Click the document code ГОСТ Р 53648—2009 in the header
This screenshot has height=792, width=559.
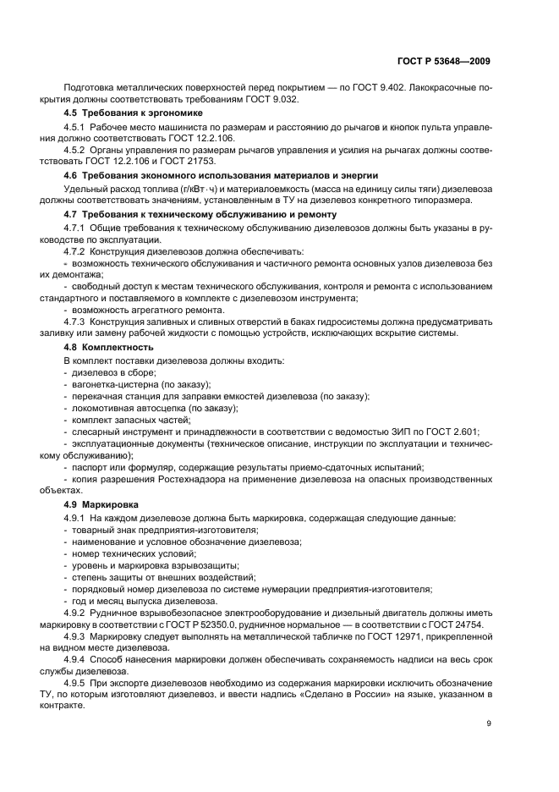click(447, 62)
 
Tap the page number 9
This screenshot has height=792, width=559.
click(489, 724)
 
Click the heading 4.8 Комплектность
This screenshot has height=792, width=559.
click(109, 347)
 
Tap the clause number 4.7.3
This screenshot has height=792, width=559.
click(77, 321)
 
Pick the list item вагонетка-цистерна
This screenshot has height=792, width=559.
click(113, 383)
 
